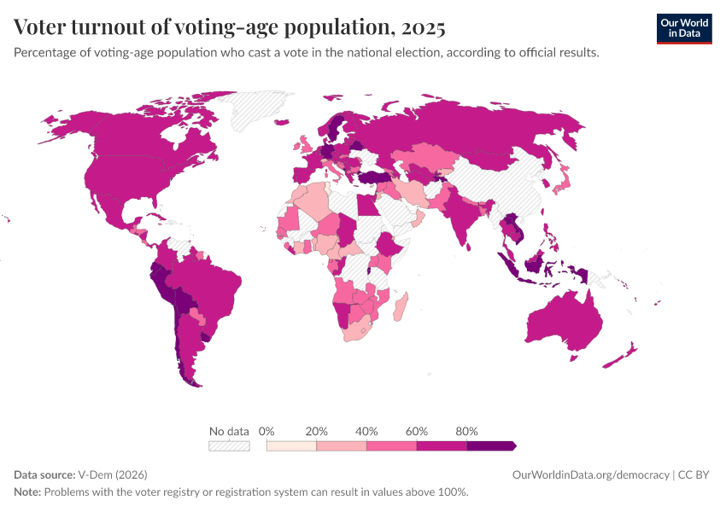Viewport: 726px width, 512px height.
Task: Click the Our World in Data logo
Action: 683,28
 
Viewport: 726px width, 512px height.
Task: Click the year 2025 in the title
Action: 420,28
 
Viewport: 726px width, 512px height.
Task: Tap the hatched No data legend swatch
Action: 229,445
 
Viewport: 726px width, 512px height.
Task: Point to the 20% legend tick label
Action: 317,431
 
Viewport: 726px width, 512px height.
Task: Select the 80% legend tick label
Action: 466,431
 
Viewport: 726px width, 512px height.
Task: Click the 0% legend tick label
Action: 266,431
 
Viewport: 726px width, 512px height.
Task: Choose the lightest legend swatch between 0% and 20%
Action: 291,445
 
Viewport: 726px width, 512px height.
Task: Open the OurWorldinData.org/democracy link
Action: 590,474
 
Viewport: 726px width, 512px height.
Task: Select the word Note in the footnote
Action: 27,492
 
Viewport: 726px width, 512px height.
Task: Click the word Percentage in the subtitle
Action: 44,52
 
